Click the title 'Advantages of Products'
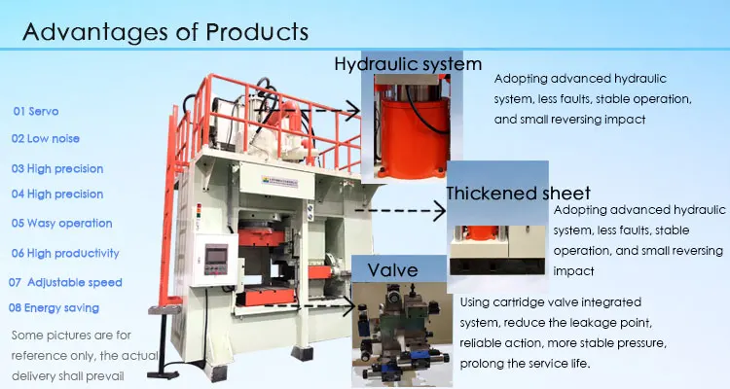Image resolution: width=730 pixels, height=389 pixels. click(165, 31)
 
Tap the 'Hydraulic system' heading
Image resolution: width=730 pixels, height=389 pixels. click(408, 65)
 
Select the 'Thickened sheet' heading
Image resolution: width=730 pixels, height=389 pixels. click(517, 193)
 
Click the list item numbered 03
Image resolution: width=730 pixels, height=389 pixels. click(57, 168)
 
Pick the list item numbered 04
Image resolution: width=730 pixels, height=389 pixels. click(57, 194)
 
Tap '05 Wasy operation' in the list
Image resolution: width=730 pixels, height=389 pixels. click(62, 223)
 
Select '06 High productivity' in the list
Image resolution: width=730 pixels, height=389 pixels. click(65, 253)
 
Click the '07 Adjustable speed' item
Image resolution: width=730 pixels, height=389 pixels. click(65, 282)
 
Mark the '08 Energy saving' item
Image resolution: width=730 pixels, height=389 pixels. click(55, 308)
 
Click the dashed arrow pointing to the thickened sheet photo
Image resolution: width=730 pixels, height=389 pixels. click(399, 209)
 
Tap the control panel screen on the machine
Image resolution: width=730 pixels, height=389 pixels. click(217, 258)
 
